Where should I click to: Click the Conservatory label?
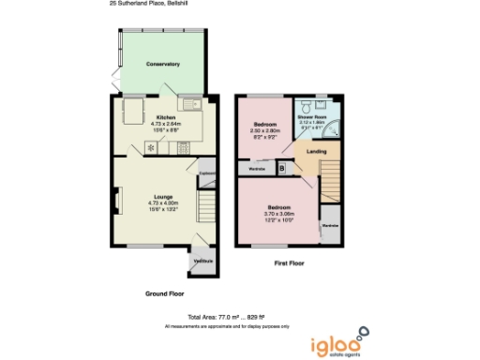click(162, 64)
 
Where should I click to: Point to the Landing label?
click(317, 151)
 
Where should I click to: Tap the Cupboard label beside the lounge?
click(207, 172)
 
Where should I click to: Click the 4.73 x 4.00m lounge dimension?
click(157, 203)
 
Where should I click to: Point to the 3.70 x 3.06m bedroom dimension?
click(279, 213)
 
